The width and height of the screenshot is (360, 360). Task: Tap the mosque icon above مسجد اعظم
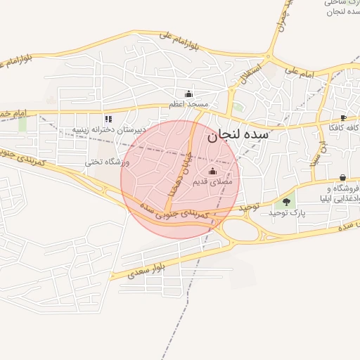click(x=188, y=94)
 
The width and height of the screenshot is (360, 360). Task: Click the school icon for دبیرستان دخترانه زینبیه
click(x=108, y=119)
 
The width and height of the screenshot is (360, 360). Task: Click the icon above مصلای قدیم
click(x=213, y=171)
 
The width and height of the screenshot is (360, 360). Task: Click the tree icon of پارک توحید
click(x=285, y=202)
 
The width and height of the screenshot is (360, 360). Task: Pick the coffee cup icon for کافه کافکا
click(x=342, y=117)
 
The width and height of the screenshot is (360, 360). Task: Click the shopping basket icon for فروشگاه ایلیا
click(x=342, y=178)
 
